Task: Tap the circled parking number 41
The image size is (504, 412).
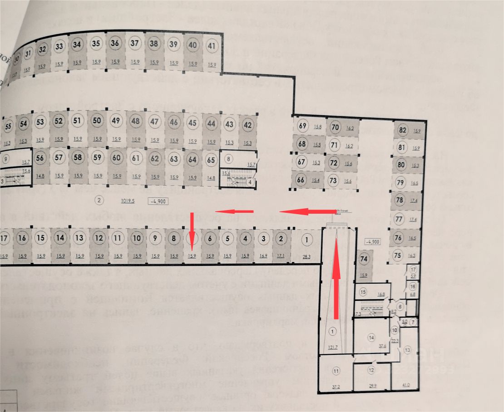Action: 212,45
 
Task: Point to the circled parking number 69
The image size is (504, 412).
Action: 303,126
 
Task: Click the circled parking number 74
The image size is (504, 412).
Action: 363,260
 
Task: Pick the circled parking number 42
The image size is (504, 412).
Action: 247,125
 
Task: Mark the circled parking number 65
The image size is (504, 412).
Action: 211,160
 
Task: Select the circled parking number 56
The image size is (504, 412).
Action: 40,158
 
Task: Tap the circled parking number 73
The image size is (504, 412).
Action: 334,181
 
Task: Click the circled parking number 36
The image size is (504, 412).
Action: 115,44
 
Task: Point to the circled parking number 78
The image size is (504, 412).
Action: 400,200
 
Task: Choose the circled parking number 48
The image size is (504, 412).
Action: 135,121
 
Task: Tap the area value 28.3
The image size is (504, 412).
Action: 307,257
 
